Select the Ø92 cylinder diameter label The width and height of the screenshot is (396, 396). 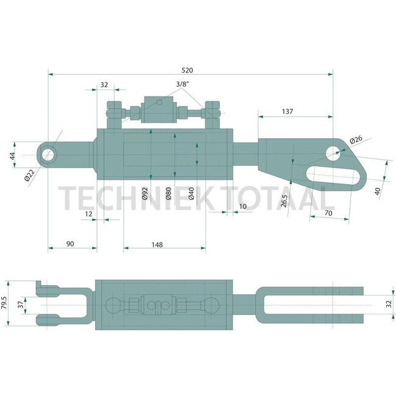click(x=145, y=193)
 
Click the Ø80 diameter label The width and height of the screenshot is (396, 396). click(x=169, y=193)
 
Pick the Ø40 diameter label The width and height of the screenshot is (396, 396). click(x=191, y=193)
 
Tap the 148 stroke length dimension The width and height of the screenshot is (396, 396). click(x=157, y=244)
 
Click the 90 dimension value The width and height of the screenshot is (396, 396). click(x=69, y=244)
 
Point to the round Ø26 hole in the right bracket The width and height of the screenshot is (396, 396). click(x=333, y=154)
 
